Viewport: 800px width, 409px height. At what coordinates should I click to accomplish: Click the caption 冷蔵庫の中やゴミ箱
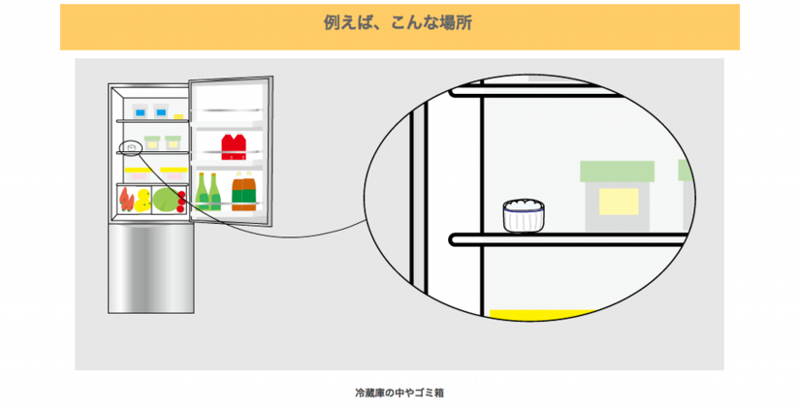[x=400, y=393]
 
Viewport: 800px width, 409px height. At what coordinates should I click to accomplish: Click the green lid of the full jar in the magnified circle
[x=615, y=171]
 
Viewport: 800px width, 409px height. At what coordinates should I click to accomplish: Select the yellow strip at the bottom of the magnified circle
[x=539, y=314]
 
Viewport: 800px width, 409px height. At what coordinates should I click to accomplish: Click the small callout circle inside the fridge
[x=131, y=147]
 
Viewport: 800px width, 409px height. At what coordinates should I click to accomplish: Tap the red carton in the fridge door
[x=234, y=146]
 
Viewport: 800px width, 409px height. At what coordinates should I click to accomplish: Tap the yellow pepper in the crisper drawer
[x=144, y=201]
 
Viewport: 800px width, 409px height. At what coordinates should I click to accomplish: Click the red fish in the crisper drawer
[x=127, y=200]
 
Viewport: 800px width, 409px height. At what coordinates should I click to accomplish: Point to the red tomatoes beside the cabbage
[x=181, y=202]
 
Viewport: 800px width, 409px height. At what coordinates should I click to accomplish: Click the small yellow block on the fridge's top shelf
[x=177, y=115]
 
